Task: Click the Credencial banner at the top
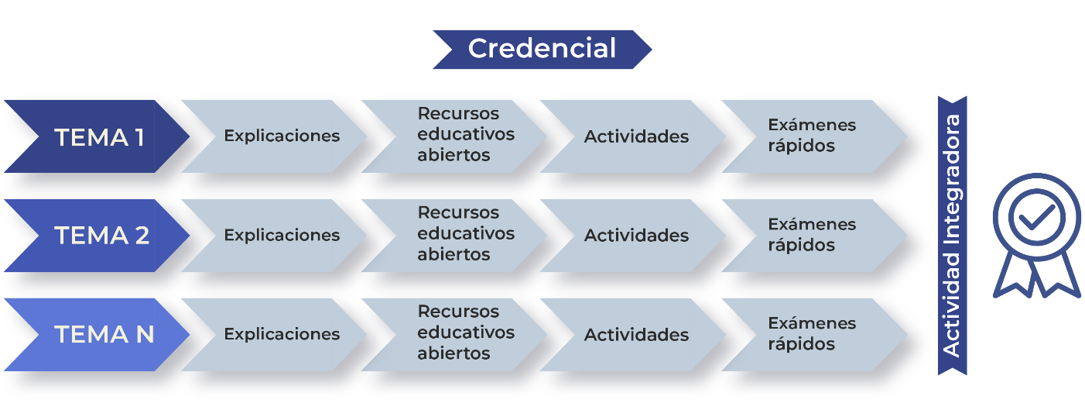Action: (x=542, y=50)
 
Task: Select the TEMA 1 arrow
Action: (x=97, y=136)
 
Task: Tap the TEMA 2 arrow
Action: (x=97, y=236)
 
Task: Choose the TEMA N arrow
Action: (x=97, y=335)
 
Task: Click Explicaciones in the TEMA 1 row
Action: (x=282, y=136)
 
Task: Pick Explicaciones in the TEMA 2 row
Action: (x=282, y=236)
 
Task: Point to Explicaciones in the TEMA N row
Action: (x=282, y=334)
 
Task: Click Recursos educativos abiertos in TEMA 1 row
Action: (x=465, y=134)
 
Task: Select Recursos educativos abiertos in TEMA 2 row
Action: (x=465, y=233)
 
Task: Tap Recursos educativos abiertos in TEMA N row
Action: (x=465, y=332)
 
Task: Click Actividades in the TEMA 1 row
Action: (x=636, y=136)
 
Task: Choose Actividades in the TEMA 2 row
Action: (x=636, y=236)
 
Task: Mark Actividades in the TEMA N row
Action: (x=636, y=334)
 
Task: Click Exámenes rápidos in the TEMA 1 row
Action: (x=812, y=136)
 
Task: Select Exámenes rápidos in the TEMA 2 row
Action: (x=812, y=234)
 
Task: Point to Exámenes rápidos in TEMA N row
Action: (x=812, y=333)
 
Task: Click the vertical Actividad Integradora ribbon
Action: (x=953, y=236)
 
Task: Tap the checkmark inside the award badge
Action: (x=1036, y=216)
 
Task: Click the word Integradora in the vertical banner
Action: (x=952, y=181)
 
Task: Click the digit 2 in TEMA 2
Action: (x=142, y=236)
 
